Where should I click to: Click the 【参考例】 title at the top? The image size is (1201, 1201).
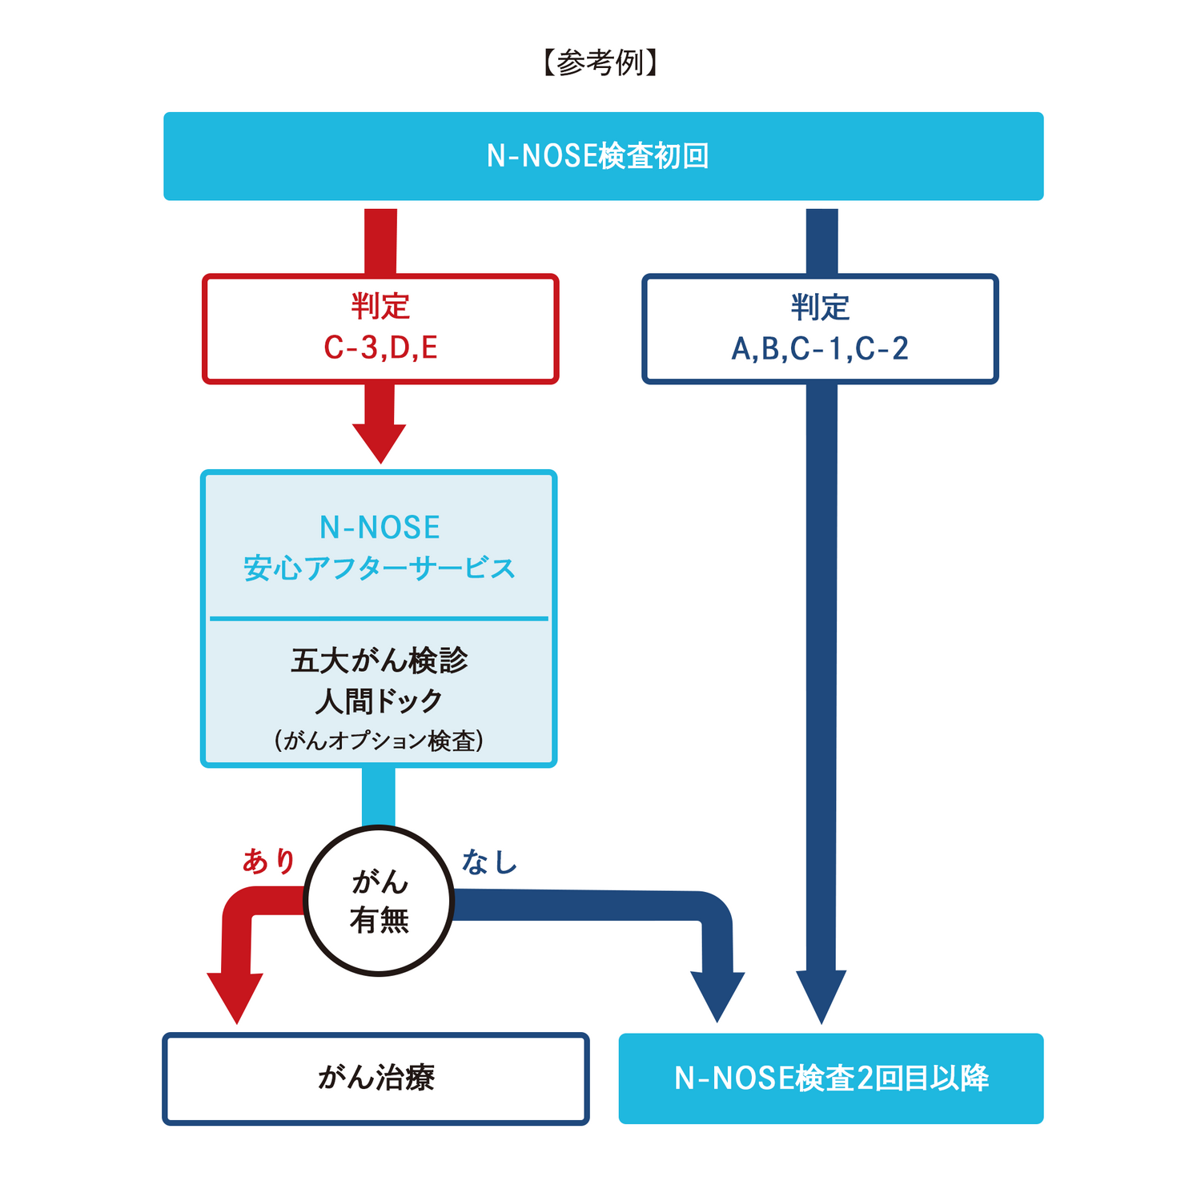[600, 62]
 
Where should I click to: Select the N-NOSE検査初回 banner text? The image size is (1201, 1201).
[598, 156]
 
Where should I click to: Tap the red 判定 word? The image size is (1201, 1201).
[380, 307]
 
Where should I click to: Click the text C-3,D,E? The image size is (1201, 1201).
[380, 348]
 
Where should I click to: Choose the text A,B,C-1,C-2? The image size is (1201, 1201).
[820, 349]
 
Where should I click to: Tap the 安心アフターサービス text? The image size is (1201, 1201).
[380, 568]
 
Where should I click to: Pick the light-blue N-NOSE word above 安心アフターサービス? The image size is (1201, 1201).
[380, 528]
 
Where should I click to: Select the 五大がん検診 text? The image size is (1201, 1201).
[380, 661]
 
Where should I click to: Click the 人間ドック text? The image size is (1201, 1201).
[380, 701]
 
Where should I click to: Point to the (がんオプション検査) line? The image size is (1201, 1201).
[380, 741]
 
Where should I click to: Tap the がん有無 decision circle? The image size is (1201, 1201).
[380, 901]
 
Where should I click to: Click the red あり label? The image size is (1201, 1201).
[270, 862]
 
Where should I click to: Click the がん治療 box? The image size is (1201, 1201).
[376, 1078]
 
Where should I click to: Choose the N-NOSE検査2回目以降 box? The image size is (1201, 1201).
[831, 1078]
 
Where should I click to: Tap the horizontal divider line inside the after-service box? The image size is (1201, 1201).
[380, 619]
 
